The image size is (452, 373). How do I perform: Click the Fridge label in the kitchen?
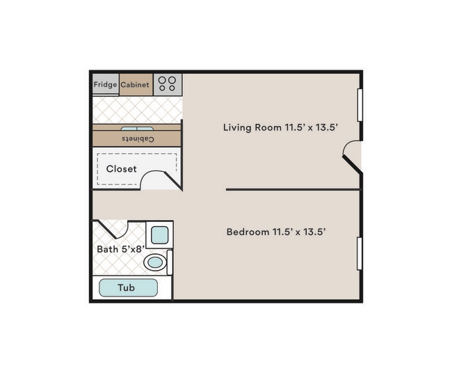pyautogui.click(x=106, y=85)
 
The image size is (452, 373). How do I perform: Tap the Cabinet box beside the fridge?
pyautogui.click(x=136, y=85)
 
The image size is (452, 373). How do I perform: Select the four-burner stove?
pyautogui.click(x=168, y=85)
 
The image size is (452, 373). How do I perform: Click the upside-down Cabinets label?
pyautogui.click(x=137, y=139)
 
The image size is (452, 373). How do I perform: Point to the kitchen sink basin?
pyautogui.click(x=137, y=129)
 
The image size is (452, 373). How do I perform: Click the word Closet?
pyautogui.click(x=122, y=169)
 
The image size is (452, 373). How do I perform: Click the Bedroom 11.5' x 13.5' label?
pyautogui.click(x=276, y=232)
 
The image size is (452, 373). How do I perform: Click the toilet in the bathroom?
pyautogui.click(x=156, y=262)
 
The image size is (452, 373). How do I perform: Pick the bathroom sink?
pyautogui.click(x=160, y=235)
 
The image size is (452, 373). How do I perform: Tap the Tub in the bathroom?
pyautogui.click(x=128, y=287)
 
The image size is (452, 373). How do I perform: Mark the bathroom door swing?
pyautogui.click(x=113, y=230)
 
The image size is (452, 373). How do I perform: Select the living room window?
pyautogui.click(x=360, y=105)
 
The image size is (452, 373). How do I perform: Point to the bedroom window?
pyautogui.click(x=360, y=253)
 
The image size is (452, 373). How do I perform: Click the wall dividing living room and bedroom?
pyautogui.click(x=292, y=189)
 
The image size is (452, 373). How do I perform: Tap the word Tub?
pyautogui.click(x=127, y=287)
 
